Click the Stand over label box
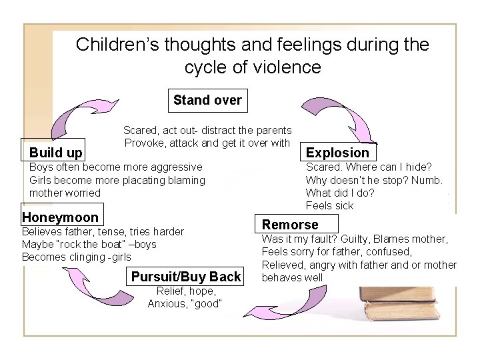click(207, 101)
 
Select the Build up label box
click(56, 153)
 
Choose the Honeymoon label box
click(61, 217)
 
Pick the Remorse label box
click(291, 225)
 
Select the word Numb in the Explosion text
click(428, 180)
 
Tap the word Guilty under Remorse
click(357, 239)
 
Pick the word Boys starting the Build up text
click(41, 166)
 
